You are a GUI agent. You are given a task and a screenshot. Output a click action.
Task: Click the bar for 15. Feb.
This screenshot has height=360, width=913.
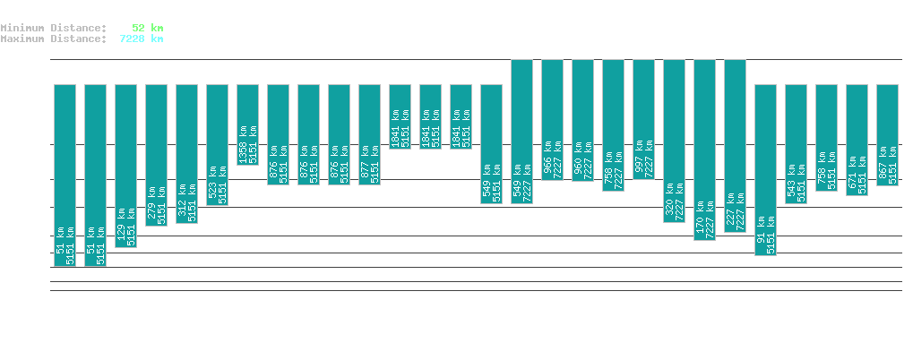[65, 176]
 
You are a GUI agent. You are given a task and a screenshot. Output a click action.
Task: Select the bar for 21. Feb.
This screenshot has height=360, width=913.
[247, 124]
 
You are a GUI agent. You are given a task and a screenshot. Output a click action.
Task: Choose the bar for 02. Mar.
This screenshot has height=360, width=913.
[521, 132]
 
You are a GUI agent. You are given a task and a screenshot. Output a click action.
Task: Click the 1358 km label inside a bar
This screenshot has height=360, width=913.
[242, 141]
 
